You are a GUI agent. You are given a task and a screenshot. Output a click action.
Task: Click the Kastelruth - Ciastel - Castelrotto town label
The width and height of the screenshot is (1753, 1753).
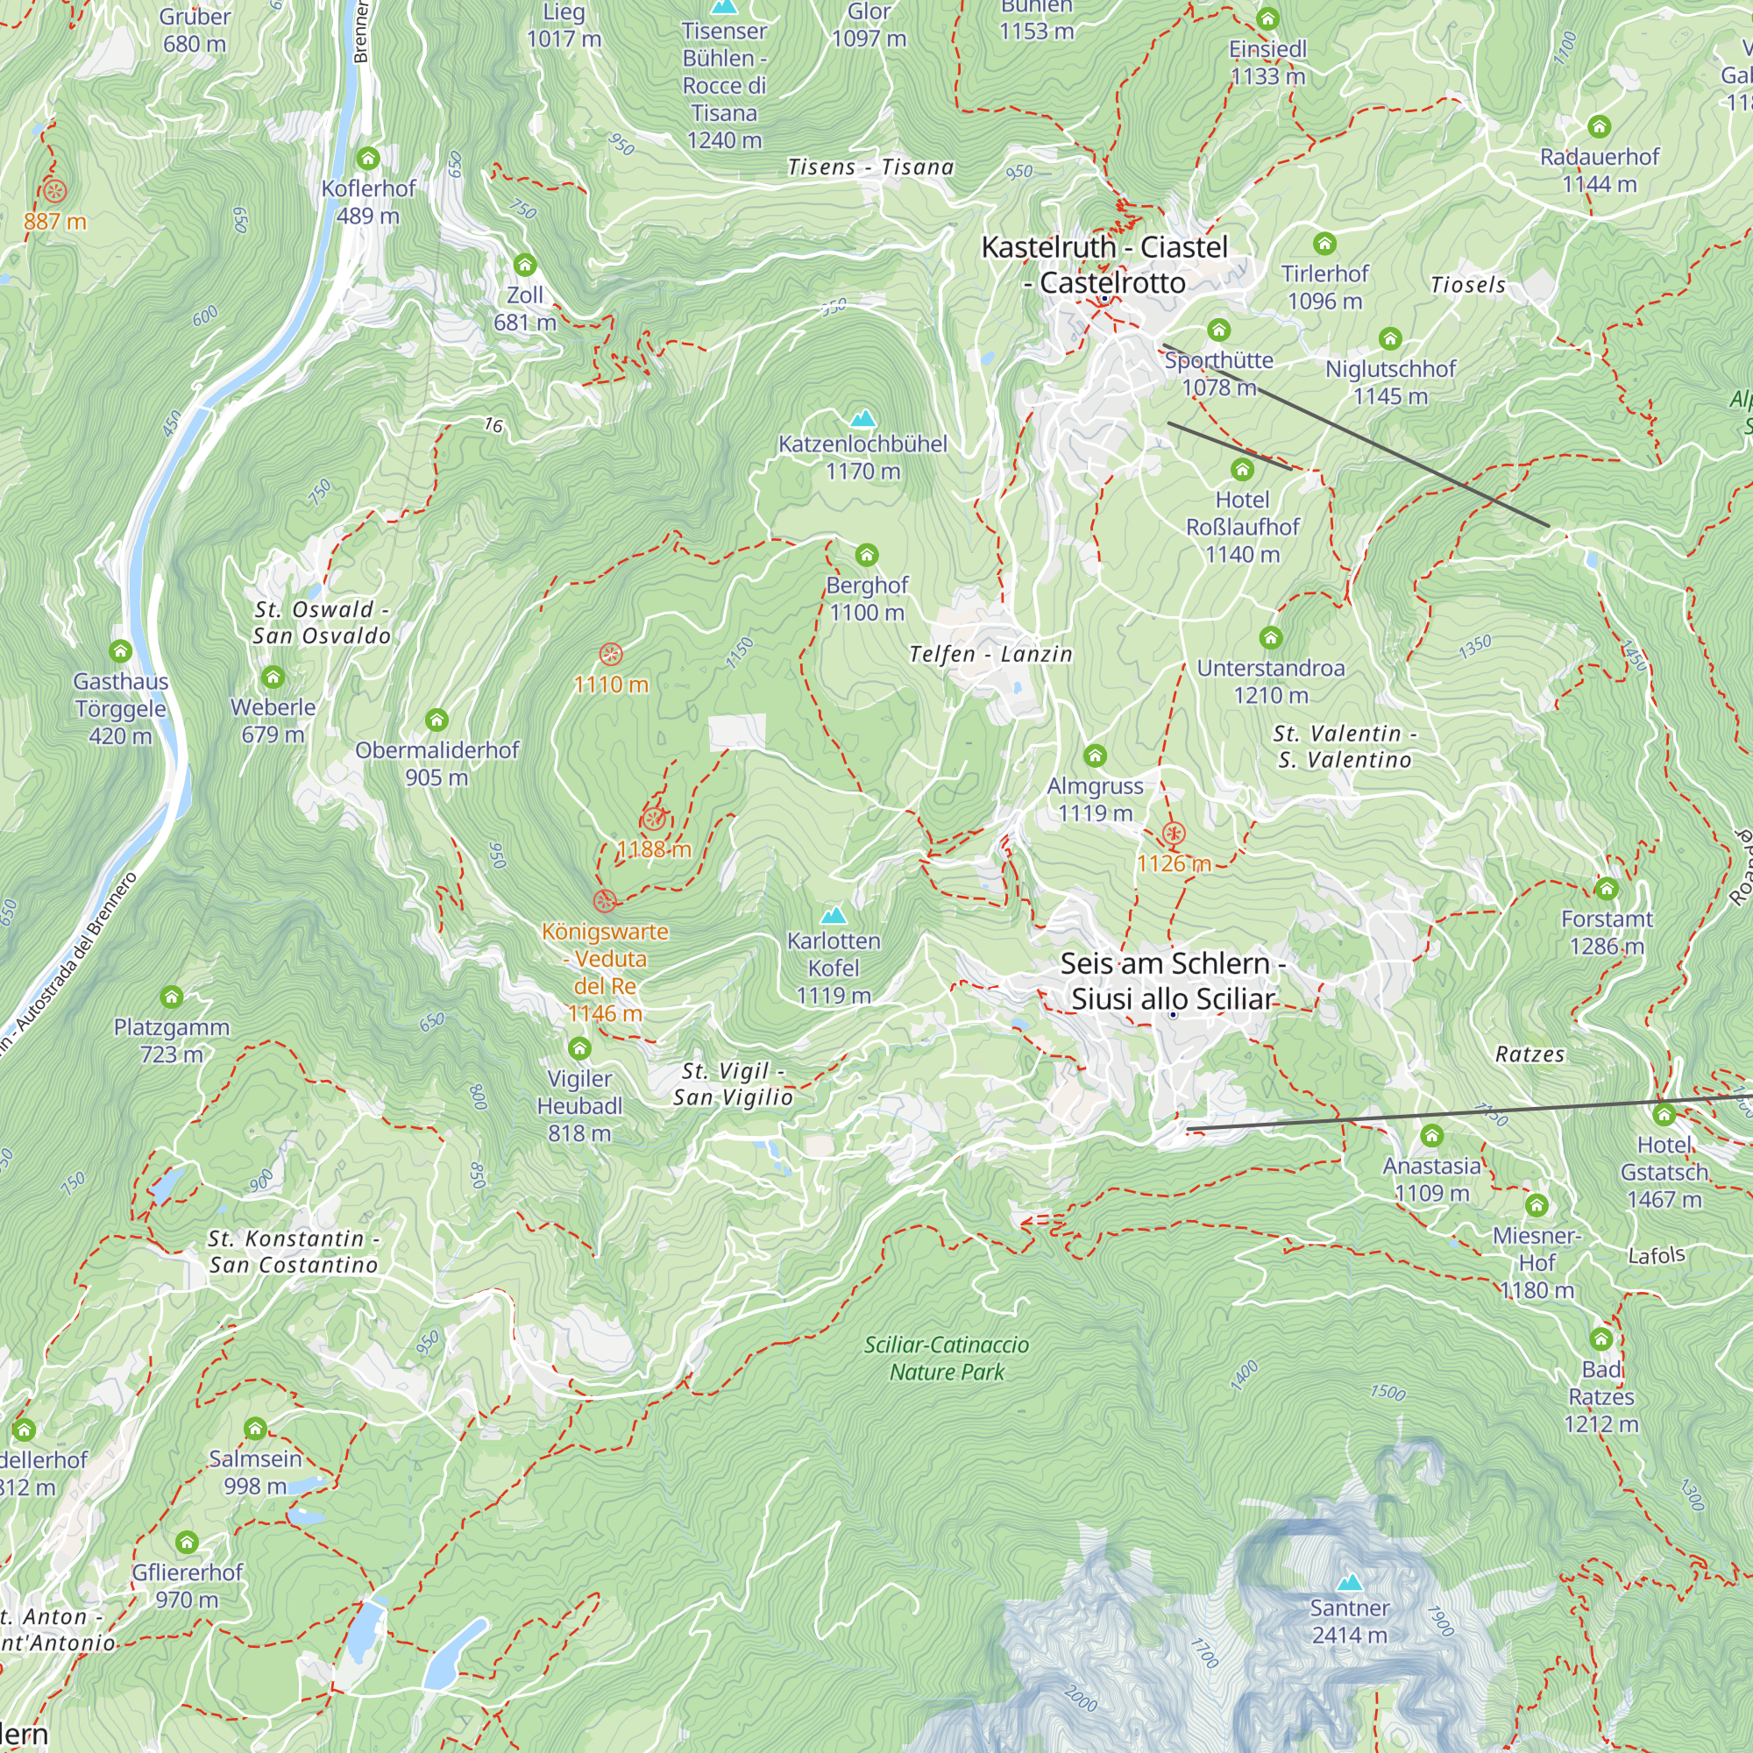[1104, 265]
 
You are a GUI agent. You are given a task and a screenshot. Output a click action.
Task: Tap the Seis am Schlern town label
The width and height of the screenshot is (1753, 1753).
[1172, 981]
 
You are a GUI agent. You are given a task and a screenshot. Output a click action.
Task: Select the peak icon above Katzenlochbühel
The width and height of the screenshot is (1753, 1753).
[862, 418]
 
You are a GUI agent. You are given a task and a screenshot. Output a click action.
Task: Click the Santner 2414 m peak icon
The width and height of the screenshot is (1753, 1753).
[1349, 1582]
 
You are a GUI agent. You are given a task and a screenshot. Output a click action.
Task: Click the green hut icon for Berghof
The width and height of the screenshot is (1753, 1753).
[867, 555]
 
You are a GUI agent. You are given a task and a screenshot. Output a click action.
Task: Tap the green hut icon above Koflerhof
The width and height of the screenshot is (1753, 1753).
[367, 159]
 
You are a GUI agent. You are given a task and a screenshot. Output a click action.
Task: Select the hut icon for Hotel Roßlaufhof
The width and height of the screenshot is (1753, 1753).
[1242, 469]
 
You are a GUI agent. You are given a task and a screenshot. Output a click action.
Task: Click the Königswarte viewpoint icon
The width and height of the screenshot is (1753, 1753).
[604, 901]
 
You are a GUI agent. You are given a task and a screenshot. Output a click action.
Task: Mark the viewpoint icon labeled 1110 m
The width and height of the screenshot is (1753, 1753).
[611, 654]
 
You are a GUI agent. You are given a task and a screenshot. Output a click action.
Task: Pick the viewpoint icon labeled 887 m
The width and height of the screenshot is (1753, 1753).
[54, 191]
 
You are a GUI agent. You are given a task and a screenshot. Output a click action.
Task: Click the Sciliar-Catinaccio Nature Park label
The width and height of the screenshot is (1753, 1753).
[947, 1359]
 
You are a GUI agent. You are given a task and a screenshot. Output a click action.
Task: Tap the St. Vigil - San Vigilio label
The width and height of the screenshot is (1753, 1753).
[733, 1084]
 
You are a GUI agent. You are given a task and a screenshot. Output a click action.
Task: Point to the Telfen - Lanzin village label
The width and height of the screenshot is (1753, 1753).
[990, 654]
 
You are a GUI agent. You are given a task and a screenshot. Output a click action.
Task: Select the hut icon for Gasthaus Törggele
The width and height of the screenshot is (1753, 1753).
[121, 650]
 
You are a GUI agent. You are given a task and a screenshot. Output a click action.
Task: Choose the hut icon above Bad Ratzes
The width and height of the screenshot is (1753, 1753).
[1600, 1338]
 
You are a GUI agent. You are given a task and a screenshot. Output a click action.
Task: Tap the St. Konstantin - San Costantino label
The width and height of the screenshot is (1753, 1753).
[293, 1252]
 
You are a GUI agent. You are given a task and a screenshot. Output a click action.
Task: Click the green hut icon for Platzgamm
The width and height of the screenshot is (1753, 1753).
[172, 997]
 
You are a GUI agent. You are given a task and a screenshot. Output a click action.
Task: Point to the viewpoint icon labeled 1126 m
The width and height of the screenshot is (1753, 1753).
[1174, 833]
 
